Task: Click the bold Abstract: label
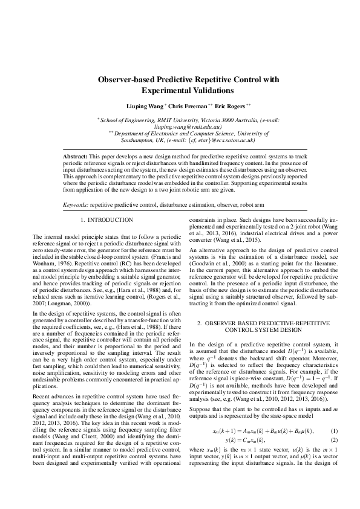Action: (x=76, y=157)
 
